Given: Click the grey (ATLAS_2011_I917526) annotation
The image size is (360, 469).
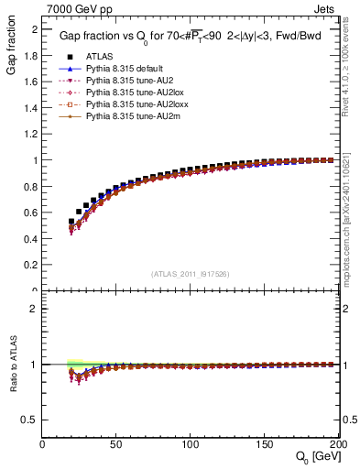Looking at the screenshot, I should pyautogui.click(x=191, y=273).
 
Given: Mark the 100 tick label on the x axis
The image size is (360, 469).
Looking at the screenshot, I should pyautogui.click(x=191, y=444).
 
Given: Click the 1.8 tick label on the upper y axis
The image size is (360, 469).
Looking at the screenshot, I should pyautogui.click(x=31, y=55).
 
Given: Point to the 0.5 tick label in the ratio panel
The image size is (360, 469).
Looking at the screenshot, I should pyautogui.click(x=31, y=420).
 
